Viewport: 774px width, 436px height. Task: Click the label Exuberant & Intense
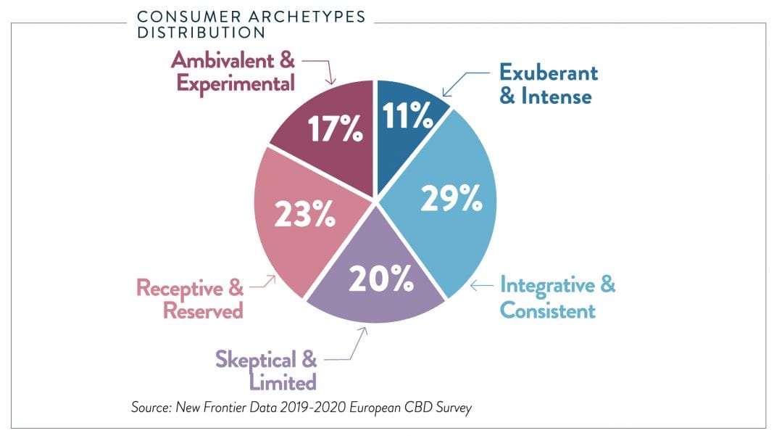547,84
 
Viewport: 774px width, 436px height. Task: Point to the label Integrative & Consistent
557,297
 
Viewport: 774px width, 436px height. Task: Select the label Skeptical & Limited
266,371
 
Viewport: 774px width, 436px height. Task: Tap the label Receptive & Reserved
190,299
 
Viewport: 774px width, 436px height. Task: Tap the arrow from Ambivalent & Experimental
320,69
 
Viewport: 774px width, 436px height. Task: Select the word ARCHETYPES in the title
305,16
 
